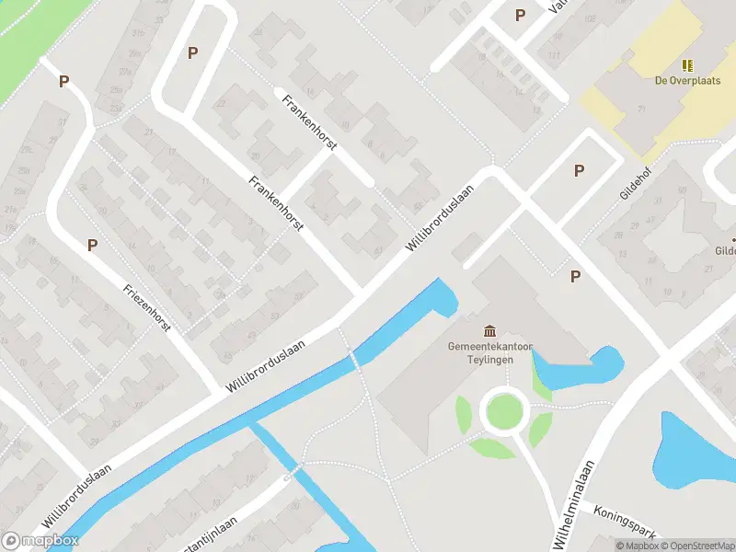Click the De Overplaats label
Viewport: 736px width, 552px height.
685,80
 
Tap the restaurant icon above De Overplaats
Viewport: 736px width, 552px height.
686,64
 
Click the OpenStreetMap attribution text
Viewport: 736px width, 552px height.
696,546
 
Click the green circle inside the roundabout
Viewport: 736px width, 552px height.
505,410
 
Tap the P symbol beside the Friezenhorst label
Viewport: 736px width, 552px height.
92,245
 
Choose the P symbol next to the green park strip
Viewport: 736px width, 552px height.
63,81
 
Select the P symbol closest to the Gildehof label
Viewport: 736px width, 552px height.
579,170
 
